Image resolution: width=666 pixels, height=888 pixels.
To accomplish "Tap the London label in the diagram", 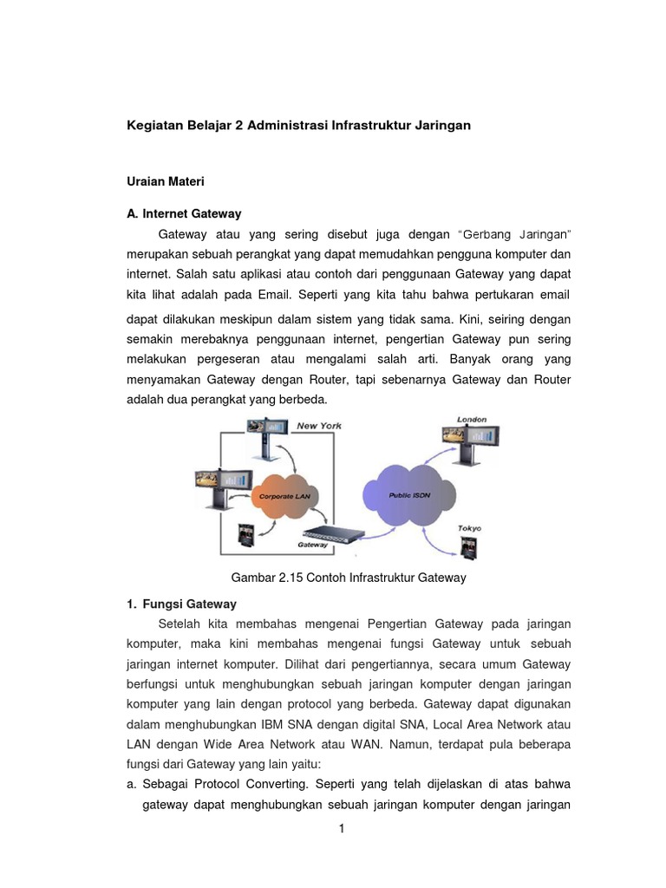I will coord(472,420).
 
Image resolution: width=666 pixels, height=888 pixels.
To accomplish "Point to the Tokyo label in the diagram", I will coord(469,528).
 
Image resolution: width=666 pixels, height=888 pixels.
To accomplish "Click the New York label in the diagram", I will coord(318,426).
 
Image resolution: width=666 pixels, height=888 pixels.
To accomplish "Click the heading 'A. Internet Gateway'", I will coord(184,213).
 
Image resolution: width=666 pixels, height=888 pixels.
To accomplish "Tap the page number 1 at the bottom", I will coord(342,828).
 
